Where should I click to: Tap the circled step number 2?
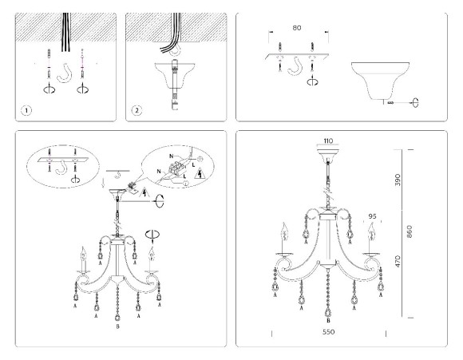[x=138, y=110]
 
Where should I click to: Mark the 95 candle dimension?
[x=372, y=216]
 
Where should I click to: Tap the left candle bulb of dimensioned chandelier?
[x=282, y=235]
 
